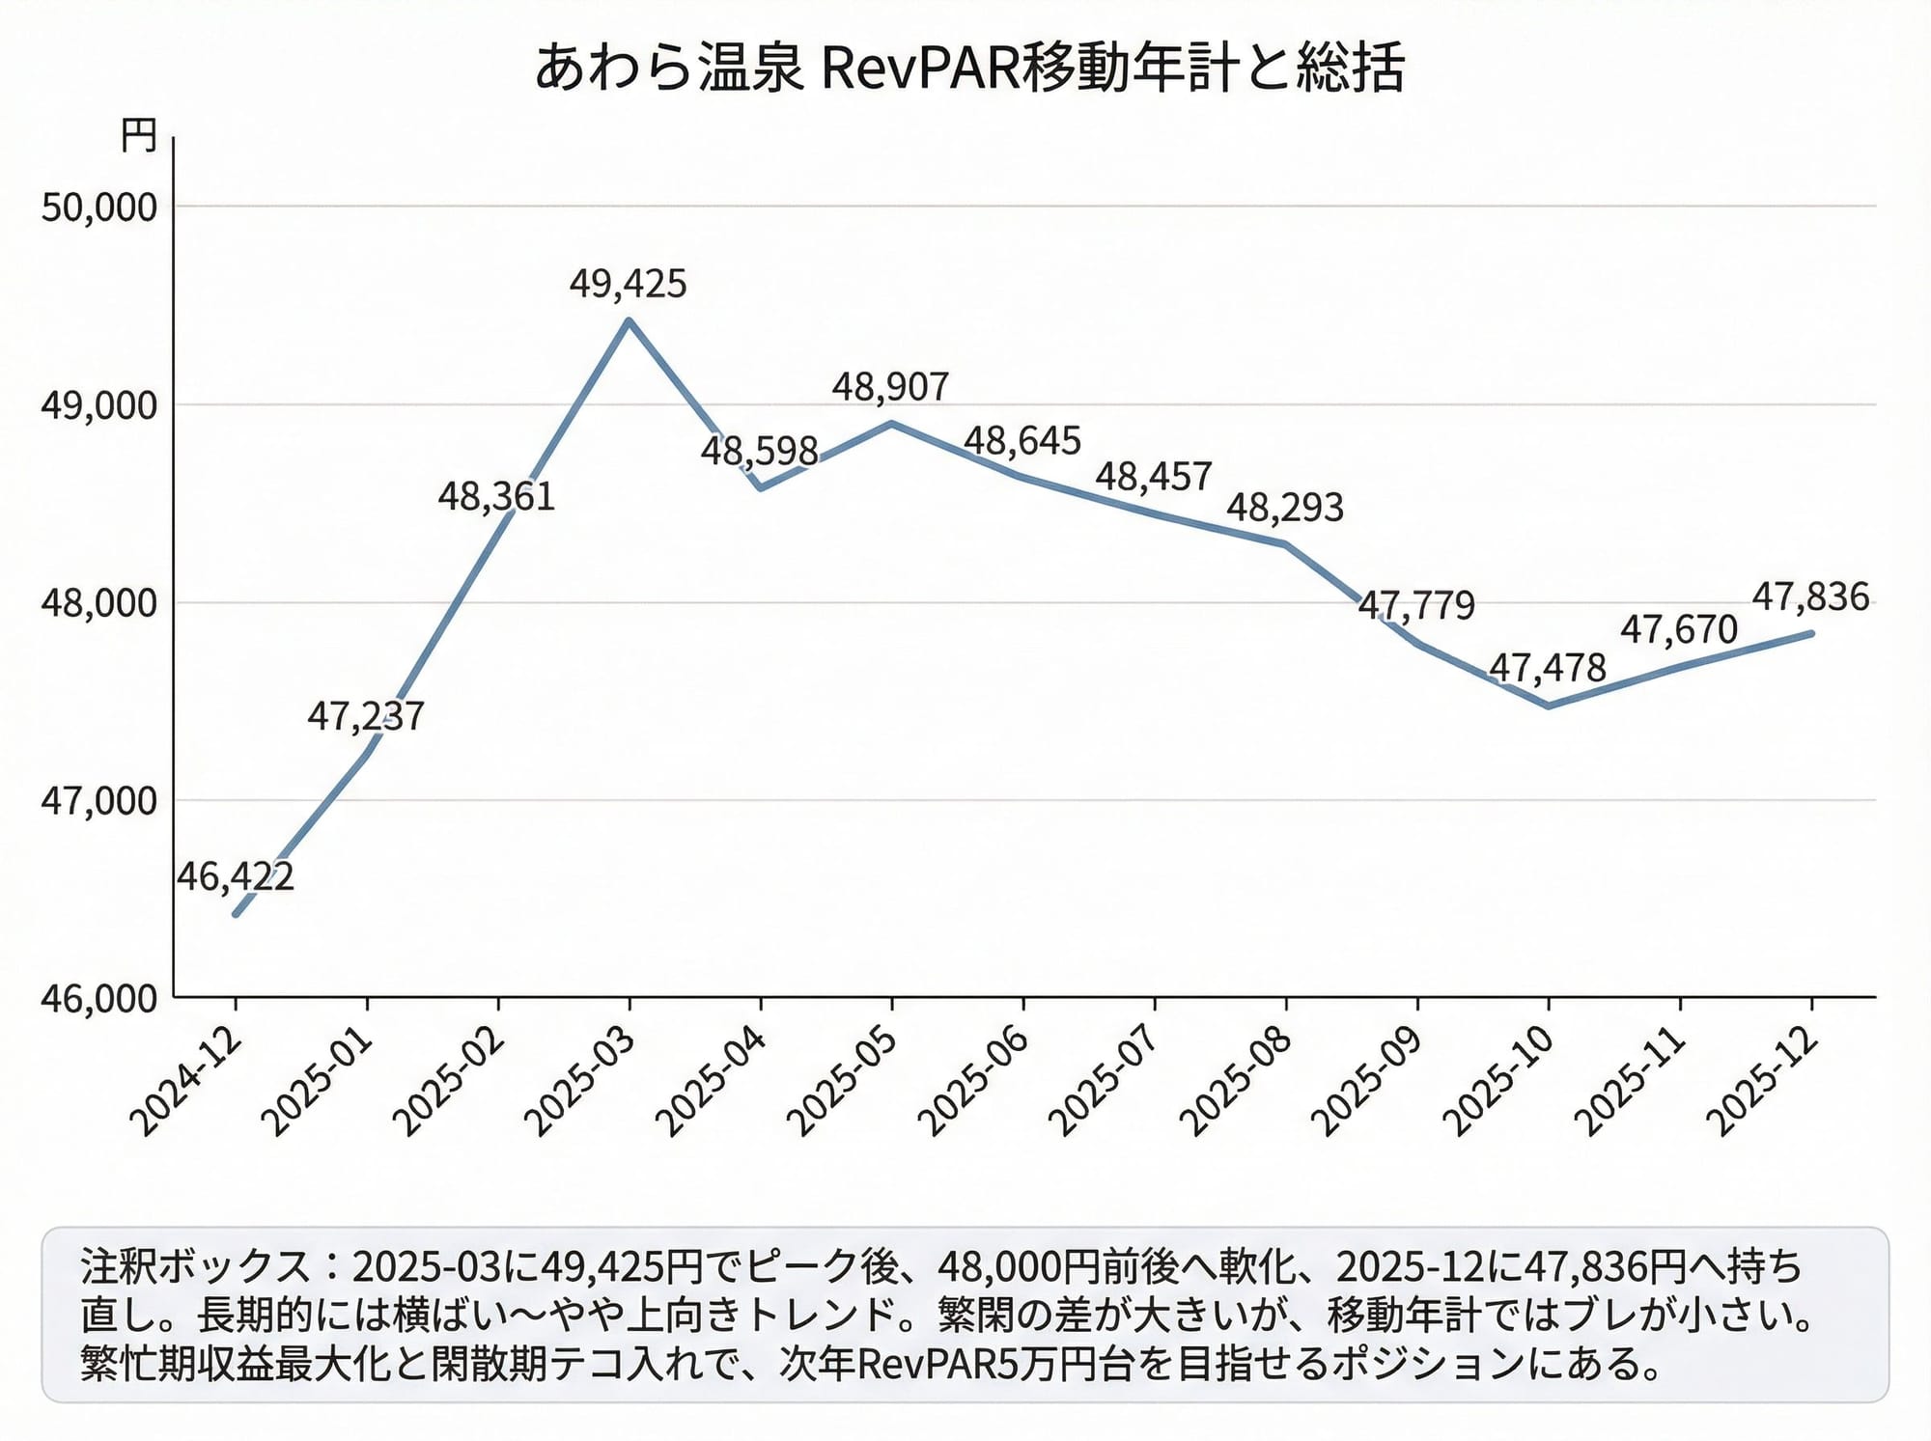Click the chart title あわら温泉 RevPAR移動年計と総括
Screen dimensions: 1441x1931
pos(968,68)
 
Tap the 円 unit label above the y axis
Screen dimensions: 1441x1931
pos(139,136)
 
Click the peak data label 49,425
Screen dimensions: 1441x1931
pos(628,284)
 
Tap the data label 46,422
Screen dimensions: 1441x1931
pos(235,876)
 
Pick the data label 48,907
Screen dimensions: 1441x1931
pos(890,387)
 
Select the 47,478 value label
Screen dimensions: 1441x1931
pos(1547,668)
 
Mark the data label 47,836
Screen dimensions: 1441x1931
pos(1810,597)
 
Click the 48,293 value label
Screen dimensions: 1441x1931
pos(1284,508)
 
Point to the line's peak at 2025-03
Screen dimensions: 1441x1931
pos(629,320)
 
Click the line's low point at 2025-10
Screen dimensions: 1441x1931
pos(1549,707)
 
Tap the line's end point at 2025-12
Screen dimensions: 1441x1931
pos(1811,633)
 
